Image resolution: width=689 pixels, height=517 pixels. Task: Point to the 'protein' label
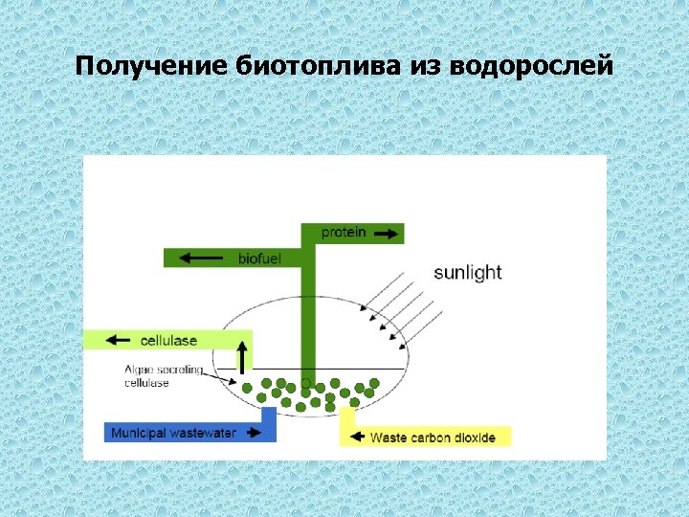coord(344,233)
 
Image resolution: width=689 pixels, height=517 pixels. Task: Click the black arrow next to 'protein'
coord(385,233)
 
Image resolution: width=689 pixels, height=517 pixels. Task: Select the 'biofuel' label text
coord(259,258)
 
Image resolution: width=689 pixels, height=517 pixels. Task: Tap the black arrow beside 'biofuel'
coord(200,258)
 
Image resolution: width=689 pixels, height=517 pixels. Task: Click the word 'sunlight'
coord(467,272)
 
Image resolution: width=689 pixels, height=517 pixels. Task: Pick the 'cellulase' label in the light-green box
coord(168,340)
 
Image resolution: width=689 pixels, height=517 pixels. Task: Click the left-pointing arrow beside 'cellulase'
coord(119,340)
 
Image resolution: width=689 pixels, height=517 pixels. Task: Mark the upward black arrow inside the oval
coord(242,355)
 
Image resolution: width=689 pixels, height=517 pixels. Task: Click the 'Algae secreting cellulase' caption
coord(163,376)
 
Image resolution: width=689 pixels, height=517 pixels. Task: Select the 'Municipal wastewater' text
coord(173,434)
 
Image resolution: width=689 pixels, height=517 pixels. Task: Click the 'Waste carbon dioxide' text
coord(433,438)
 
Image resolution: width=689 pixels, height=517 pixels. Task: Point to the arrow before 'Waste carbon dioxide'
coord(356,438)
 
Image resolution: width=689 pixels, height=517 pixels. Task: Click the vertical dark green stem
coord(307,316)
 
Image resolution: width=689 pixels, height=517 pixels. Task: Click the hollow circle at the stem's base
coord(306,382)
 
